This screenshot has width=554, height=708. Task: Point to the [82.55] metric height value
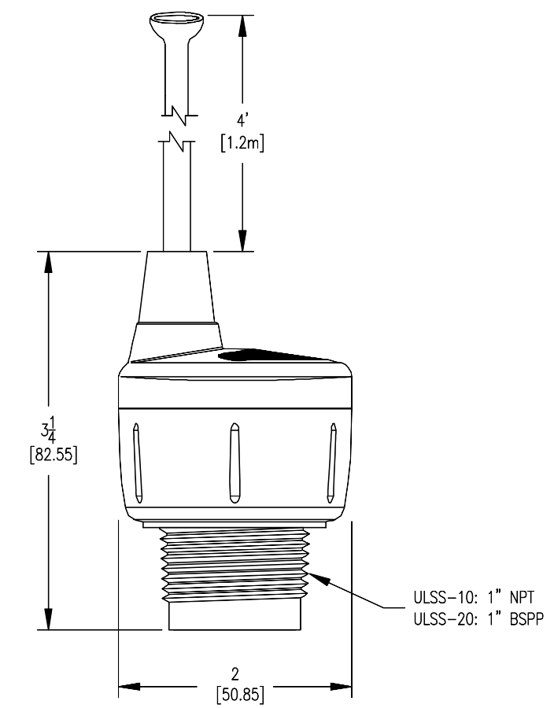coord(50,456)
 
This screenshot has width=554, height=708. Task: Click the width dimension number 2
coord(235,675)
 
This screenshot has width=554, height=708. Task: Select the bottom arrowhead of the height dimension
coord(50,618)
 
